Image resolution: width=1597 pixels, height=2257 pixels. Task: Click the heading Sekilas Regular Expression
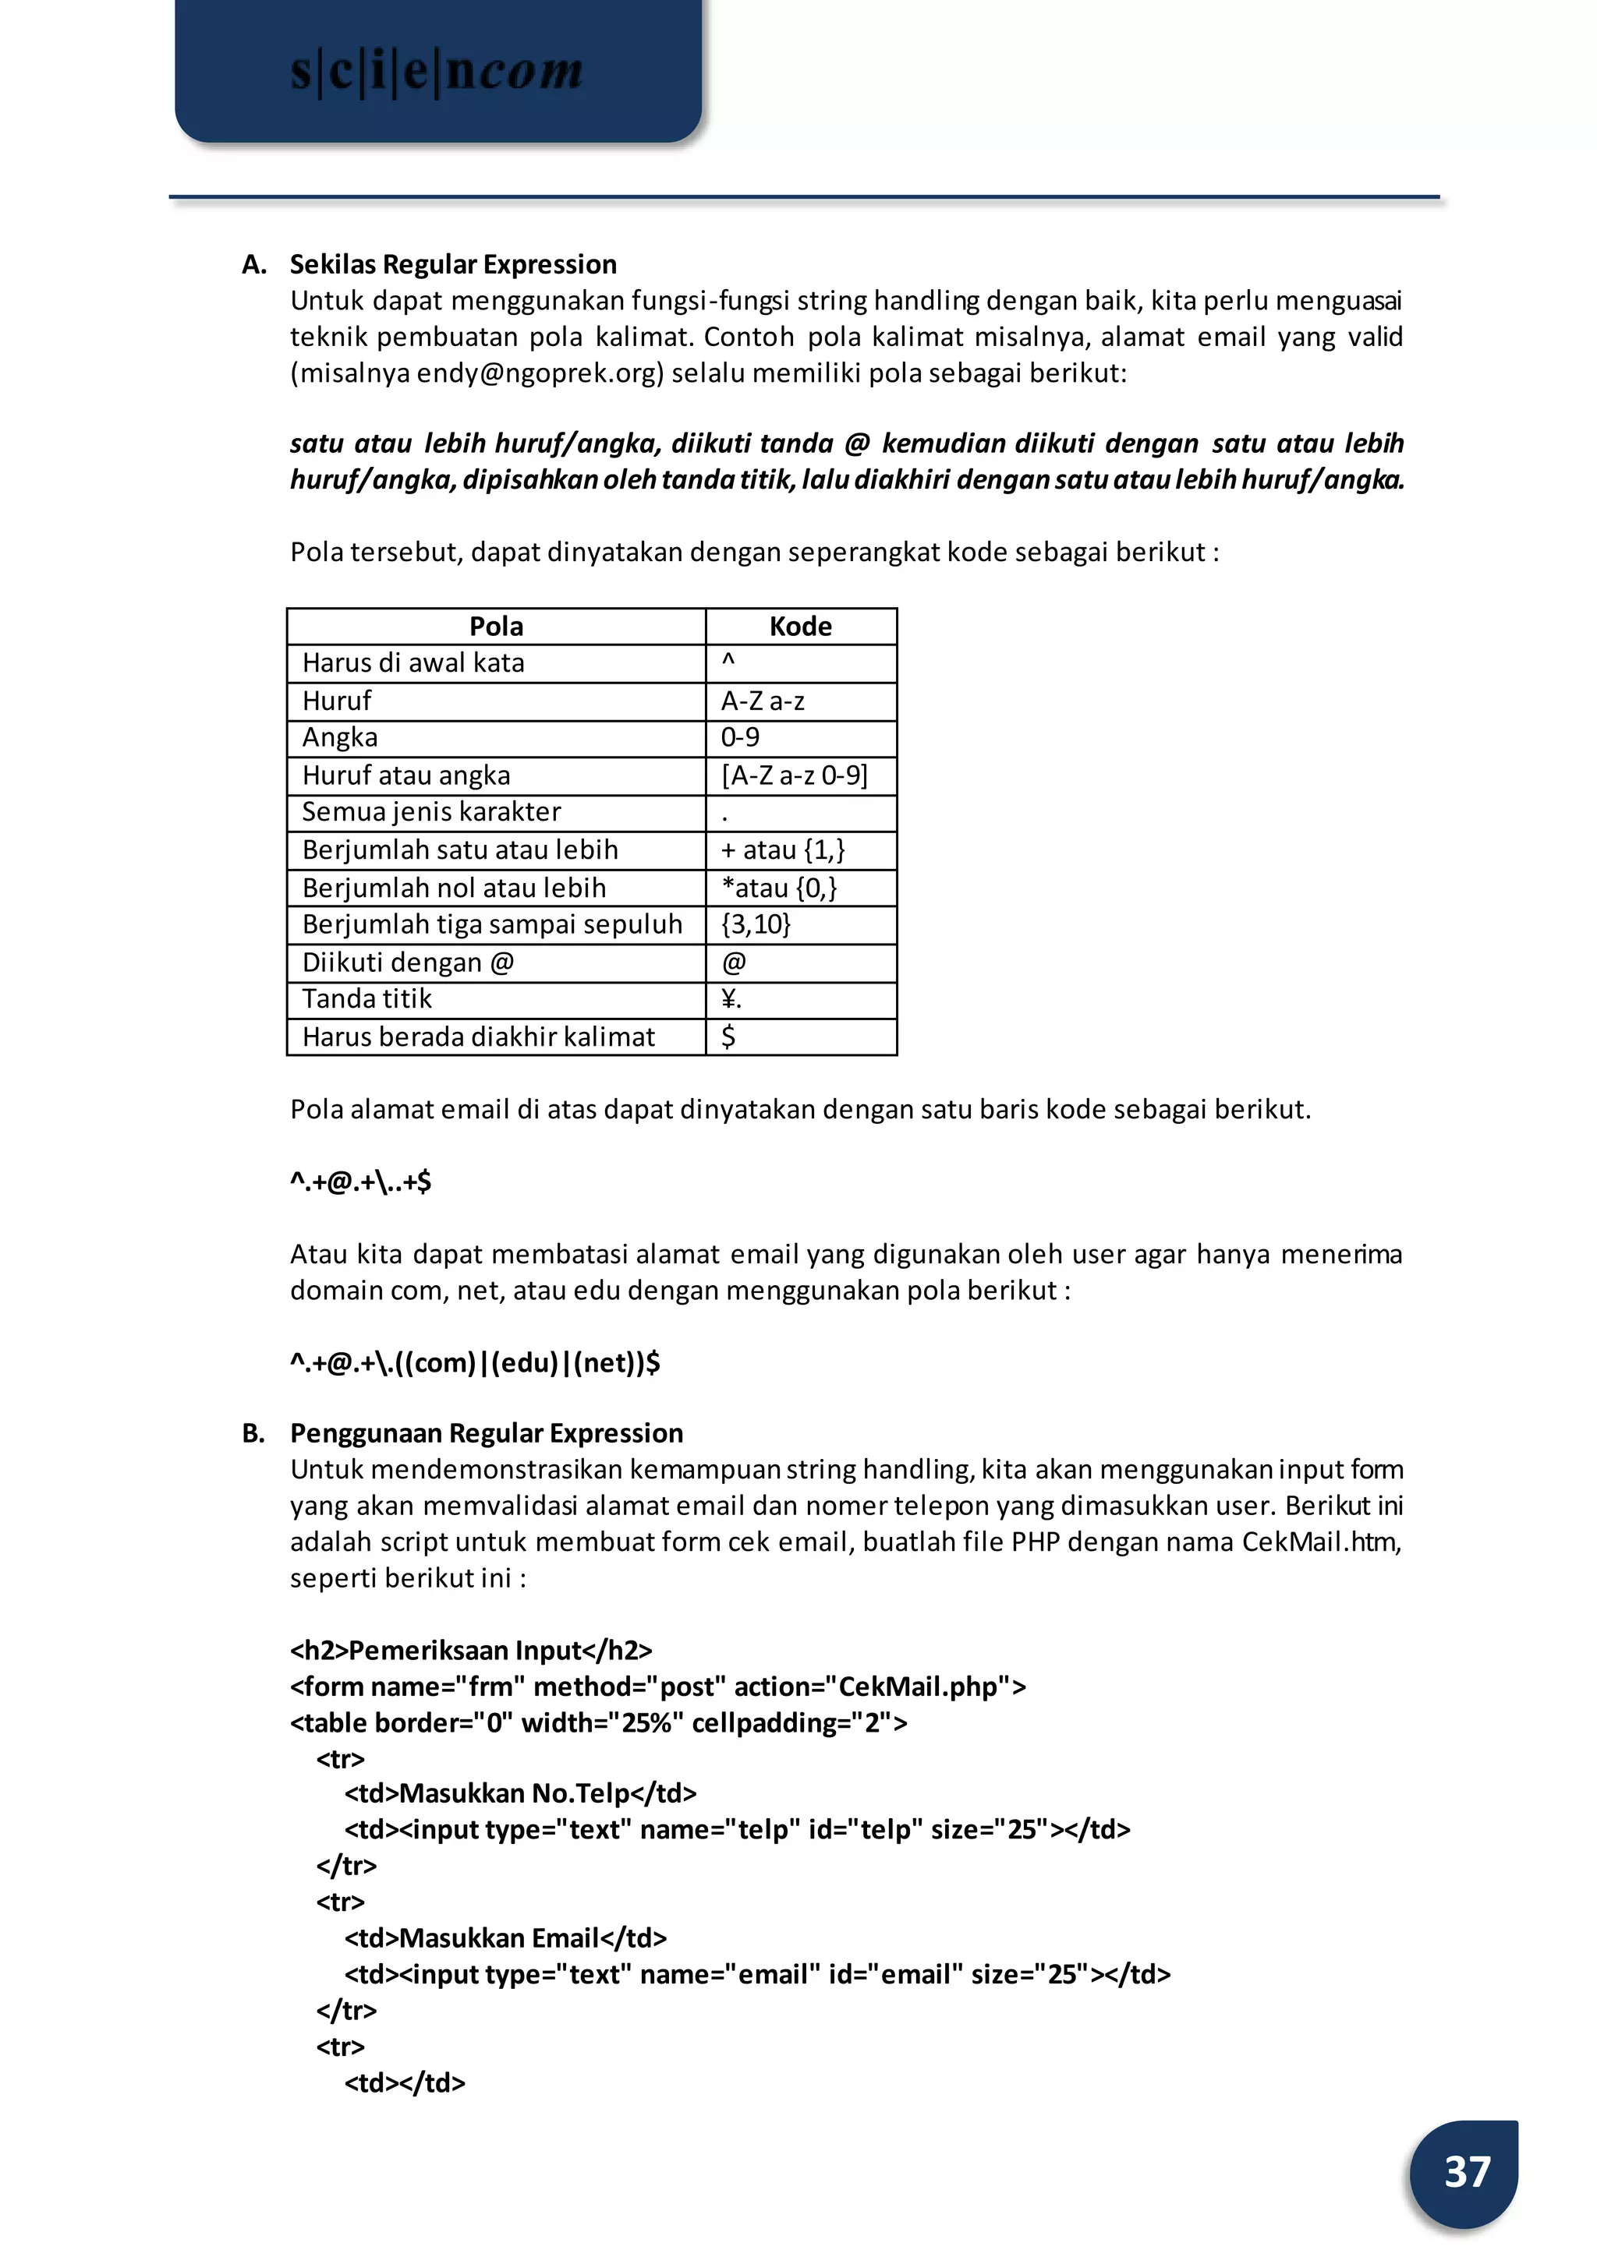click(452, 264)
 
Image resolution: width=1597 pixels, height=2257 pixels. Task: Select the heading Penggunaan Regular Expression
click(486, 1433)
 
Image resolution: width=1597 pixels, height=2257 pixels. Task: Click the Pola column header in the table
click(496, 626)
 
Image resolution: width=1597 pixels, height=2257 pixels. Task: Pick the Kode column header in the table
click(801, 626)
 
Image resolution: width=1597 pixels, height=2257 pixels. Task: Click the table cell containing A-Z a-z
click(763, 701)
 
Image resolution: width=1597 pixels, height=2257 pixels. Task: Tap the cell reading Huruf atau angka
click(406, 775)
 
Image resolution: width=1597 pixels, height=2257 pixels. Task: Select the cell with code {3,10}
click(756, 924)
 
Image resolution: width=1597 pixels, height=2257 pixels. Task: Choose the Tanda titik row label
click(366, 999)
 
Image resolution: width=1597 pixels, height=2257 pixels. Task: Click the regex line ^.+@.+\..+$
click(361, 1181)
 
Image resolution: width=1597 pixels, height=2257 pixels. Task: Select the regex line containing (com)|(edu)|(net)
click(475, 1362)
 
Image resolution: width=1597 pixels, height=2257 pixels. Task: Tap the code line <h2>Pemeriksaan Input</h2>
click(471, 1651)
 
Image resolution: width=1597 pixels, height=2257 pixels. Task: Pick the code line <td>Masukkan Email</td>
click(505, 1937)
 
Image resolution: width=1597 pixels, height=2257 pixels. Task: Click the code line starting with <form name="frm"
click(658, 1687)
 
